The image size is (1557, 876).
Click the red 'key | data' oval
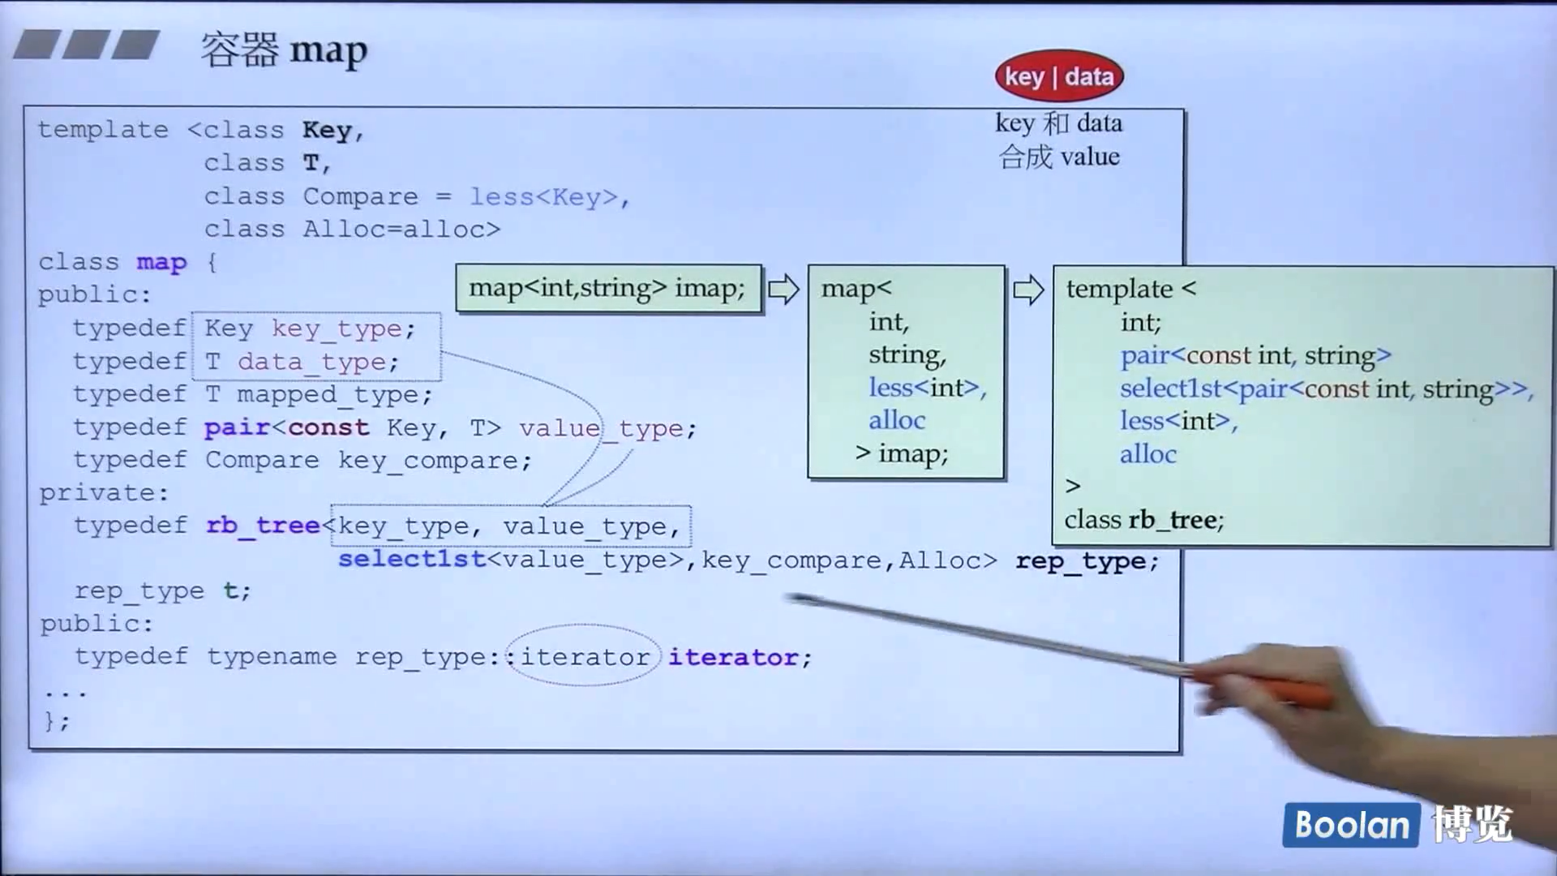(x=1059, y=77)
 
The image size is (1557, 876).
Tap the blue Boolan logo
(x=1351, y=825)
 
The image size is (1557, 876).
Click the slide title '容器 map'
(x=284, y=50)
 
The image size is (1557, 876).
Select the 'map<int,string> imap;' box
(x=607, y=288)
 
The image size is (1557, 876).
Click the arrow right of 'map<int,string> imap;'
(x=783, y=290)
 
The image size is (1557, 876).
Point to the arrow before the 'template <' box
(x=1028, y=290)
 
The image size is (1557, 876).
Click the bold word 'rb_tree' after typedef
(x=263, y=526)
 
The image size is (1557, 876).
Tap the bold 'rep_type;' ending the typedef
(x=1087, y=560)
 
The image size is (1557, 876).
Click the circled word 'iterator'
(x=585, y=656)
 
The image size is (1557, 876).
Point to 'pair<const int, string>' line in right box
(x=1255, y=355)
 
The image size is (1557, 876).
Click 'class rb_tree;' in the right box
(x=1143, y=519)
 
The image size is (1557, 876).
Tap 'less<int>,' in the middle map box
(x=927, y=388)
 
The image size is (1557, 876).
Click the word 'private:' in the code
(x=104, y=492)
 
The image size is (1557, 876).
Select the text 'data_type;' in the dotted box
(x=318, y=362)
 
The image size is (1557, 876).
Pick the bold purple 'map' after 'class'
(x=161, y=262)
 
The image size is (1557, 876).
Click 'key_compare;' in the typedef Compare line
(x=435, y=461)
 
